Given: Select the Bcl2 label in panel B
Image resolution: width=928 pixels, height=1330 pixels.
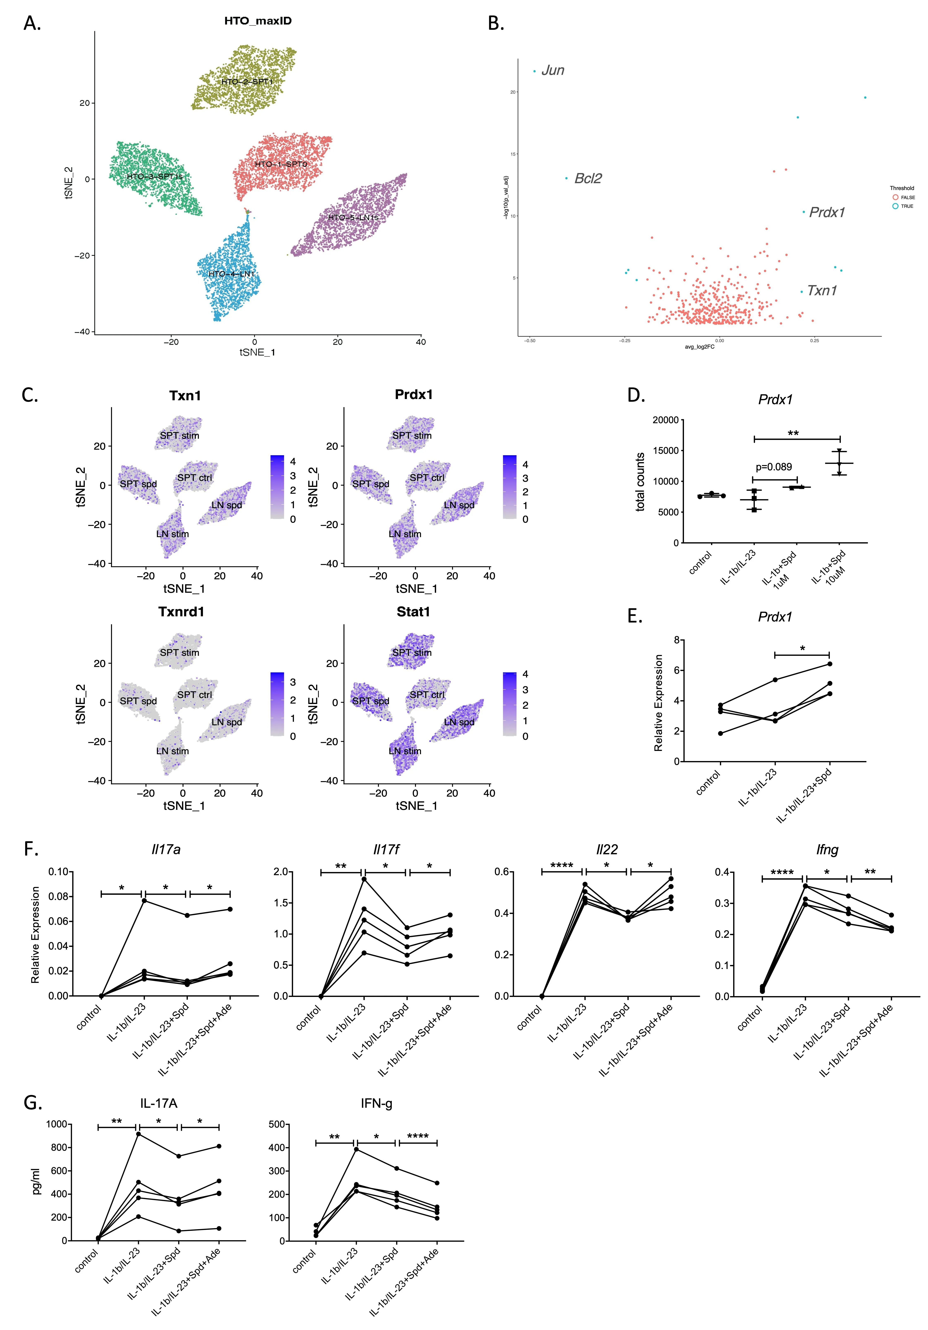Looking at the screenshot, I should point(588,178).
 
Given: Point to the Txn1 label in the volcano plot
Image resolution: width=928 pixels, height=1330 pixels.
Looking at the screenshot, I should point(822,291).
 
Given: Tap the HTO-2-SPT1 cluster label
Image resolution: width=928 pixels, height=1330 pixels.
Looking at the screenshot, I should point(247,82).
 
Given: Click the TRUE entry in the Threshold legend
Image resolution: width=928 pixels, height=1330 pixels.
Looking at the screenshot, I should point(907,206).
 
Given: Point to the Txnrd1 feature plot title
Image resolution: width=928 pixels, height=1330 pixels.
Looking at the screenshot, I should point(181,612).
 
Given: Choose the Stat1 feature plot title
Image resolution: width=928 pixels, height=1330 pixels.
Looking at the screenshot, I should point(413,612).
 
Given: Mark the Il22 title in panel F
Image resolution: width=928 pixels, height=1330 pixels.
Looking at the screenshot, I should point(607,850).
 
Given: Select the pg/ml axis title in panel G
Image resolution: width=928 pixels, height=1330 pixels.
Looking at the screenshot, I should point(36,1182).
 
